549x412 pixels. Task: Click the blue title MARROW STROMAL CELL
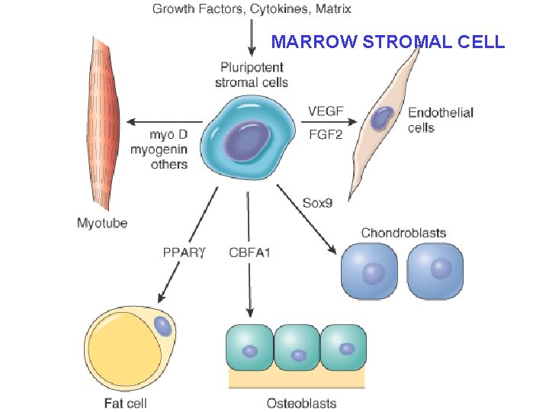(x=388, y=41)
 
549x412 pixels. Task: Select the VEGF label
(x=326, y=111)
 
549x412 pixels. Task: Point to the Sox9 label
(x=318, y=203)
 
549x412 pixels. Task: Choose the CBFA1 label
(x=249, y=252)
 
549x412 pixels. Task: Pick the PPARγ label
(x=183, y=252)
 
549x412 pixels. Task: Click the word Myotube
(x=102, y=224)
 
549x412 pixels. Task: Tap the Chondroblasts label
(x=403, y=232)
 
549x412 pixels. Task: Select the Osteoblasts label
(x=301, y=403)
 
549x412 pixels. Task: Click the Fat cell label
(x=125, y=403)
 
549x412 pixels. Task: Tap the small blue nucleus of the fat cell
(x=163, y=327)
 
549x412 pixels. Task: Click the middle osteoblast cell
(x=297, y=348)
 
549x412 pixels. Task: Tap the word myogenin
(x=159, y=150)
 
